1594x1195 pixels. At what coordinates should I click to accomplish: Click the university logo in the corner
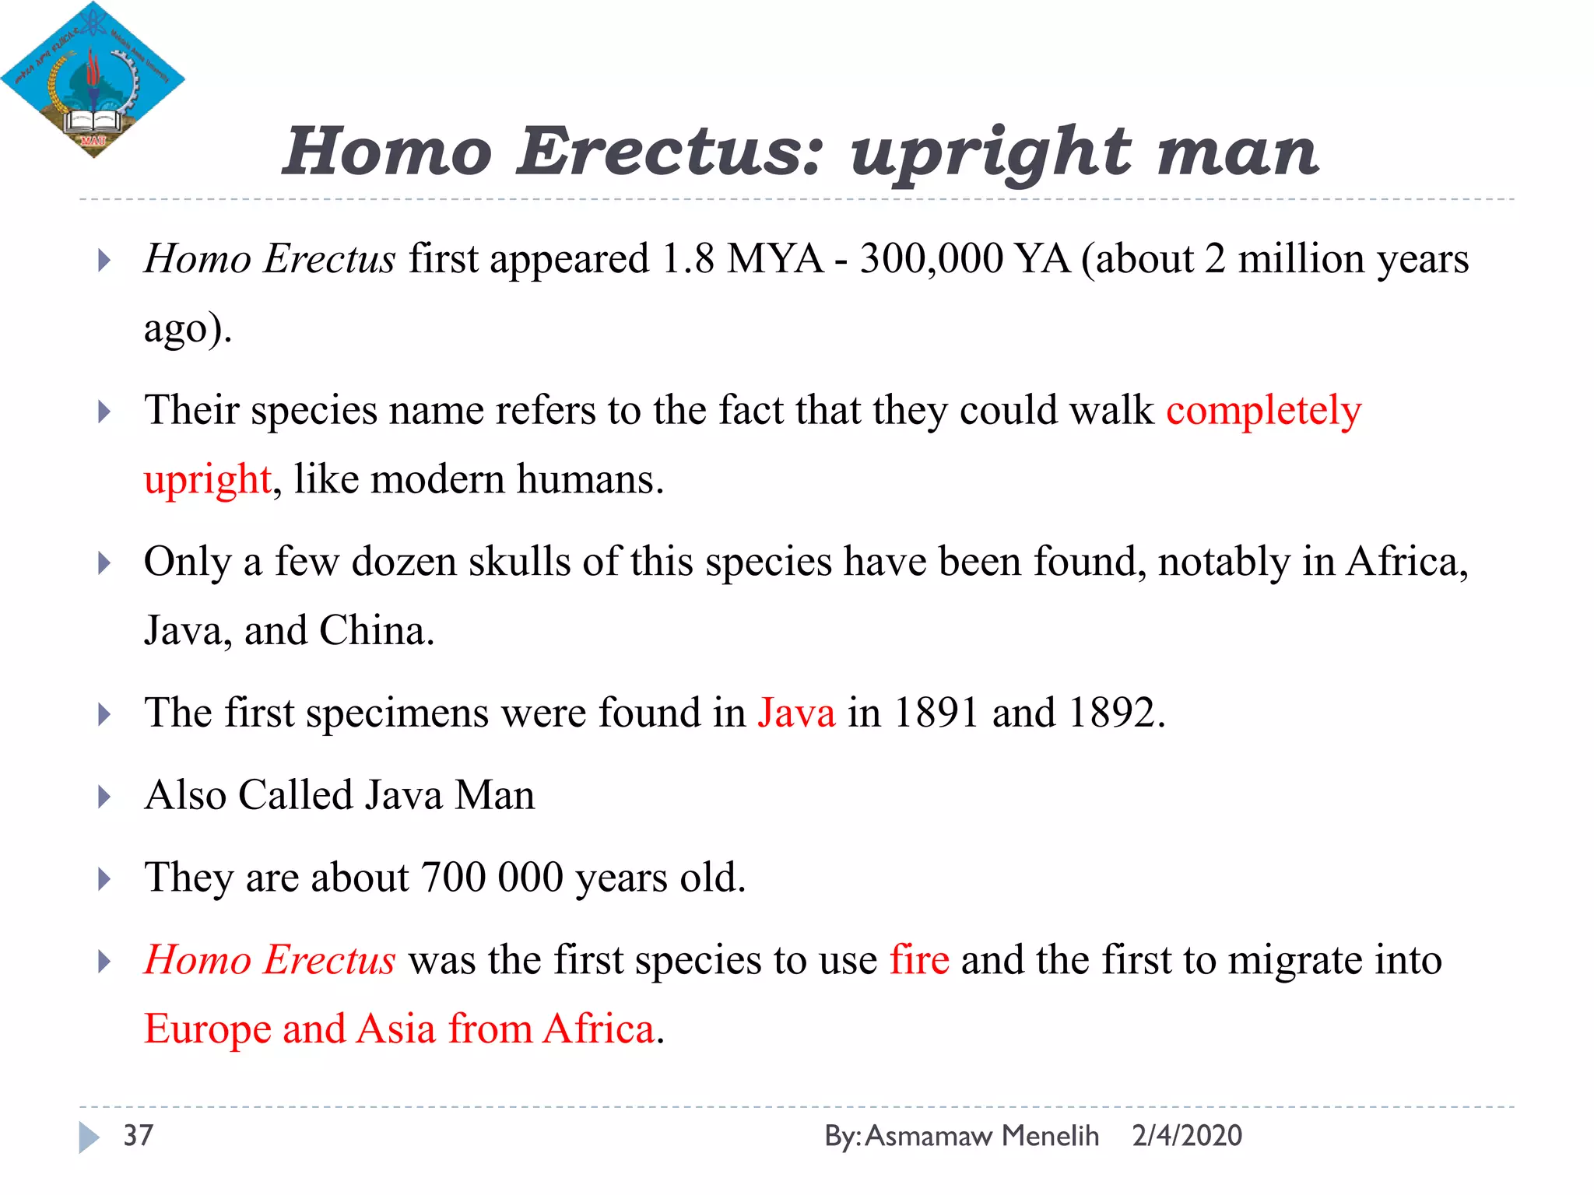tap(92, 79)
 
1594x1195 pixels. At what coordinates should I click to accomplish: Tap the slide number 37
tap(139, 1135)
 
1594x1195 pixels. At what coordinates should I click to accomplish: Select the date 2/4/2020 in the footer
tap(1187, 1136)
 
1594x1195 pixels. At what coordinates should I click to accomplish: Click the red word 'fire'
tap(919, 959)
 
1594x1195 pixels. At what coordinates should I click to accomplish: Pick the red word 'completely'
tap(1263, 410)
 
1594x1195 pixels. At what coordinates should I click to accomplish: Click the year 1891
tap(936, 712)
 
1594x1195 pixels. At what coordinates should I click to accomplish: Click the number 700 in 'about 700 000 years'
tap(453, 878)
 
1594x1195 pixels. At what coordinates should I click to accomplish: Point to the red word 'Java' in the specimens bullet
tap(796, 712)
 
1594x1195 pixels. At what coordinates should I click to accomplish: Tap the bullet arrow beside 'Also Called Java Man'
tap(104, 797)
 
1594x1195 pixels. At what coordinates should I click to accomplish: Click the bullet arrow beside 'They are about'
tap(104, 879)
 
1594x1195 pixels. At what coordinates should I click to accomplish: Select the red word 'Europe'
tap(208, 1029)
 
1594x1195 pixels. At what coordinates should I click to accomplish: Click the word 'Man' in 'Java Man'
tap(495, 795)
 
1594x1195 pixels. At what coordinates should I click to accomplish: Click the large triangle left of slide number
tap(89, 1137)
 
